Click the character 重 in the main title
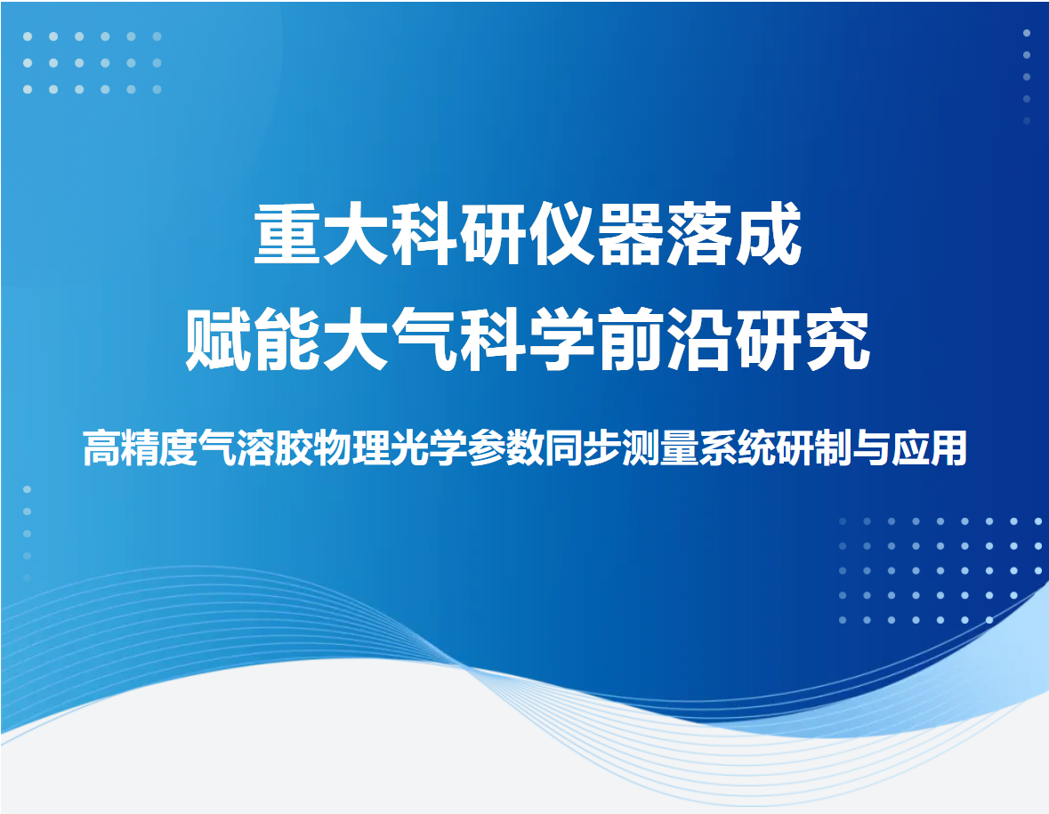click(287, 233)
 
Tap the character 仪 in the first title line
click(562, 233)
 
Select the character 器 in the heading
click(630, 233)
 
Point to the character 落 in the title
click(699, 233)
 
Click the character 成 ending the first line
click(768, 233)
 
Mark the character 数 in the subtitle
click(525, 447)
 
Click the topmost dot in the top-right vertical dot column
click(1027, 33)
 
